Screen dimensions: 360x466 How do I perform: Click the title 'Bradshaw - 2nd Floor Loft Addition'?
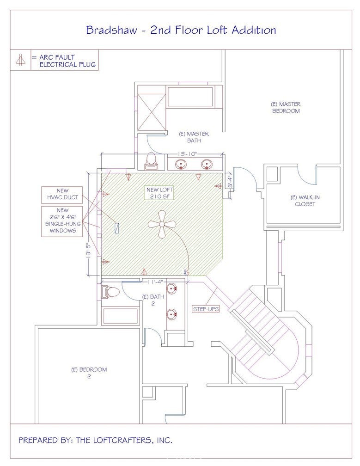tap(181, 30)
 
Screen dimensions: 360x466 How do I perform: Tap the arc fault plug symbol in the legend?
tap(20, 60)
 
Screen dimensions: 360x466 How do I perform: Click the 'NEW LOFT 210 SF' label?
tap(160, 193)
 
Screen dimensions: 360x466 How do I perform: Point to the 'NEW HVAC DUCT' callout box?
tap(62, 194)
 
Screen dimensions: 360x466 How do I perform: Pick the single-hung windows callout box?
tap(62, 221)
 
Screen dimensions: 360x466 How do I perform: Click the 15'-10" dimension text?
tap(188, 154)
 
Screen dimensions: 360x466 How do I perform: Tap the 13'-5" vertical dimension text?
tap(88, 252)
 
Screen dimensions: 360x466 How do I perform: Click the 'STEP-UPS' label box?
tap(206, 309)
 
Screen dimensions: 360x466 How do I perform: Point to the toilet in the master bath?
tap(151, 161)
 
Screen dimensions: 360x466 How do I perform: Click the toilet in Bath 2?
tap(110, 292)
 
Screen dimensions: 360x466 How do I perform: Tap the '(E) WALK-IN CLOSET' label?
tap(305, 201)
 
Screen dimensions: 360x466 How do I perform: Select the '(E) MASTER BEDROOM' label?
tap(286, 108)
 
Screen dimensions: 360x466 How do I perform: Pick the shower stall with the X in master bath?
tap(152, 112)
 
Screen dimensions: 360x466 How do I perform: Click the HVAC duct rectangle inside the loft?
tap(117, 227)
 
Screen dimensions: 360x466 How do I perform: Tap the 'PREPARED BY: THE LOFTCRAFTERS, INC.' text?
tap(95, 440)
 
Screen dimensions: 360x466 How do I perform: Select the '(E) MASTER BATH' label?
tap(194, 137)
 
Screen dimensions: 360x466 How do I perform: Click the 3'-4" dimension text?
tap(229, 182)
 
